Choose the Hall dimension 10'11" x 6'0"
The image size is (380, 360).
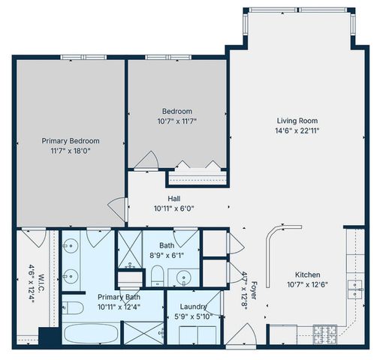173,208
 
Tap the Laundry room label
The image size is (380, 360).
193,307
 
